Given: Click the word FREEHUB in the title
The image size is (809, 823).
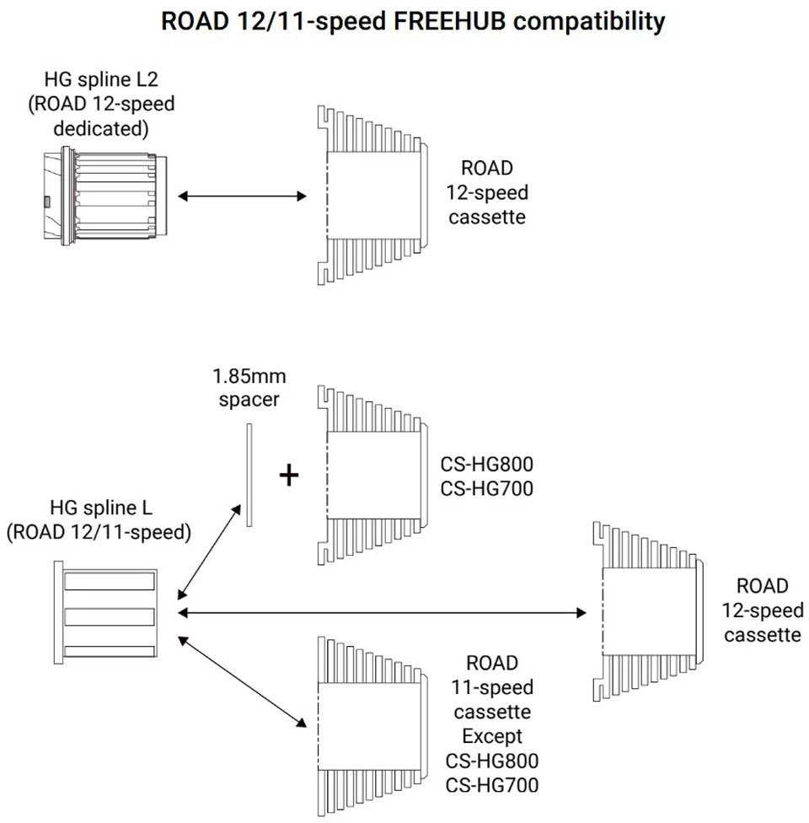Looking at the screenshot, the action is (450, 22).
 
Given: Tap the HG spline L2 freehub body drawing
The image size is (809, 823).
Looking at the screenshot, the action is (105, 196).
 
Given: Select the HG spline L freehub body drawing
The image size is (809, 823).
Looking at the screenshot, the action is (105, 612).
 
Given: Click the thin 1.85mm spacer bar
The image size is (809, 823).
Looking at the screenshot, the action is (249, 475).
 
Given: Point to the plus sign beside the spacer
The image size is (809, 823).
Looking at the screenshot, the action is (288, 476).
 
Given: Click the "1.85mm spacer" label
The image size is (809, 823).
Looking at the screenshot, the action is (249, 388).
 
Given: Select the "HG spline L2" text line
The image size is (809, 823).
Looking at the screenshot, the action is (101, 79).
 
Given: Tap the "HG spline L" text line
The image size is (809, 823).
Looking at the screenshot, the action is (101, 508).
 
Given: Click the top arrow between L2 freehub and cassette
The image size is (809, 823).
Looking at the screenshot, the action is (242, 196).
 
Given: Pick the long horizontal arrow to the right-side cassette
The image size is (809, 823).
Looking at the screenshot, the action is (382, 612).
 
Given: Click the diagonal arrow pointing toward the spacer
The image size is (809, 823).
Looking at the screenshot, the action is (209, 551).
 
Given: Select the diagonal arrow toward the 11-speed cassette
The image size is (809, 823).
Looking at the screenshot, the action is (242, 682).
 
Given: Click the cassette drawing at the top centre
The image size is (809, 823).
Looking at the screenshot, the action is (373, 196).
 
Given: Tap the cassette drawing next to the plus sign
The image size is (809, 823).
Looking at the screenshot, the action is (373, 476).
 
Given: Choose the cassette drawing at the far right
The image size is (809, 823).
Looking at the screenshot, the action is (648, 611).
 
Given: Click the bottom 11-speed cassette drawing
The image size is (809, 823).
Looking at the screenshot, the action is (373, 727).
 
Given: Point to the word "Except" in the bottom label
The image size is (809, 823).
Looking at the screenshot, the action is (492, 736).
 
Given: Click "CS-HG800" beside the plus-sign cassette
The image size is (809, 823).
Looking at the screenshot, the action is (487, 464).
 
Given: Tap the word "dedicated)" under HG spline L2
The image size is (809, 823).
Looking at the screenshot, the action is (101, 128).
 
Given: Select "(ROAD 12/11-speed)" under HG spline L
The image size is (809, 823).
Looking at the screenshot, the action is (99, 532).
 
